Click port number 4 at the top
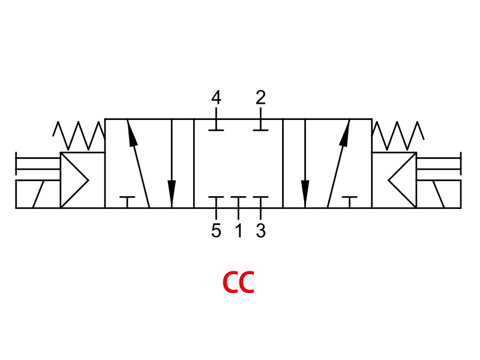click(216, 97)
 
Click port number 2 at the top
click(261, 97)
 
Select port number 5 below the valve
click(216, 230)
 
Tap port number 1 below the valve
click(239, 230)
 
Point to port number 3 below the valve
click(261, 230)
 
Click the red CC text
click(238, 282)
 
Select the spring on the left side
click(79, 136)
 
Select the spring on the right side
click(398, 136)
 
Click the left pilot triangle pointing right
click(74, 181)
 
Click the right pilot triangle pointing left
click(402, 181)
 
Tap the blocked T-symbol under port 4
click(216, 125)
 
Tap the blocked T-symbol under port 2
click(261, 125)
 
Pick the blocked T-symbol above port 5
click(216, 202)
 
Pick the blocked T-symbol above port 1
click(238, 202)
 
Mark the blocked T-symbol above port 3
click(261, 202)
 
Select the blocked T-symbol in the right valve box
click(350, 202)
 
